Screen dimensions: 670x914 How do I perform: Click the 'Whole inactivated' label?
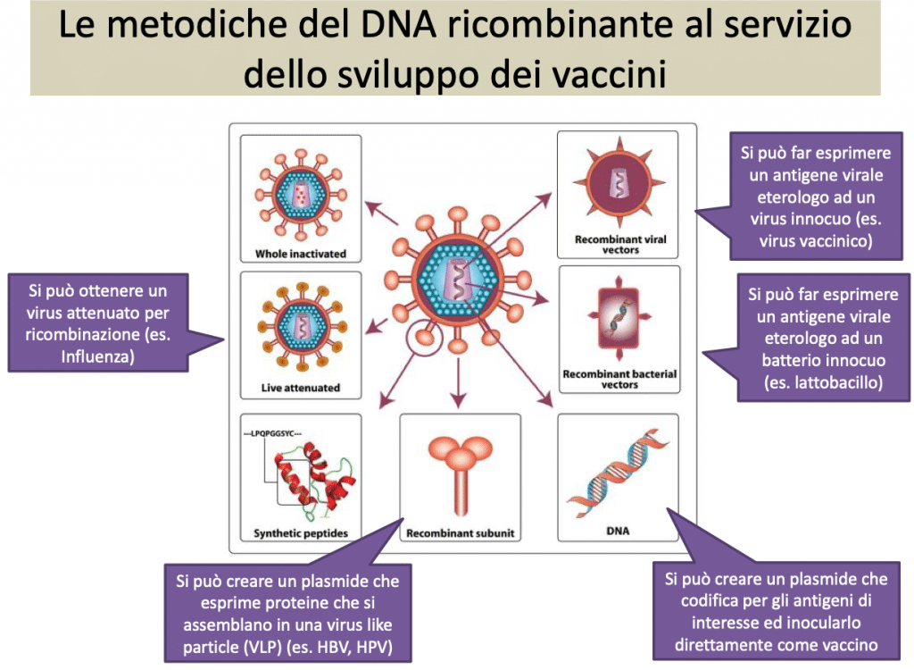[x=300, y=254]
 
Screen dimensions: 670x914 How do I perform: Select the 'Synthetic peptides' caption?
[x=300, y=533]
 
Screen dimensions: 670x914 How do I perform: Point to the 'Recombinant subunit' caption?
[x=461, y=533]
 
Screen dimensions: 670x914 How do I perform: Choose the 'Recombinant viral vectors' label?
[x=618, y=245]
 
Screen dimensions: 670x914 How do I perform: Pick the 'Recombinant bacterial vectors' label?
[x=619, y=379]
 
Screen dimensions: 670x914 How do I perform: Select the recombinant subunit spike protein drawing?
[x=461, y=469]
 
